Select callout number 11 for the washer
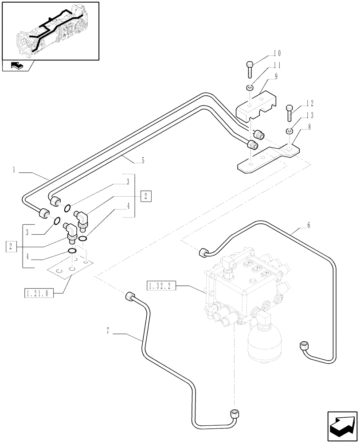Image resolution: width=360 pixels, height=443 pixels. click(x=277, y=65)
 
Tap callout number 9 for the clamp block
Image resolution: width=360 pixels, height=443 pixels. click(x=276, y=76)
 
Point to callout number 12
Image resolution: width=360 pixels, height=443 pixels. click(x=309, y=104)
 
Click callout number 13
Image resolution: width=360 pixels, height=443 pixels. click(x=309, y=115)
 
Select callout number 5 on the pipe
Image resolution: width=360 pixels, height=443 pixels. click(x=143, y=162)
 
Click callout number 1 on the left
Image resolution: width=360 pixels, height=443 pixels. click(x=15, y=169)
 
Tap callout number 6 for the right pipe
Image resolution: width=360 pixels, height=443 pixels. click(x=309, y=225)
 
